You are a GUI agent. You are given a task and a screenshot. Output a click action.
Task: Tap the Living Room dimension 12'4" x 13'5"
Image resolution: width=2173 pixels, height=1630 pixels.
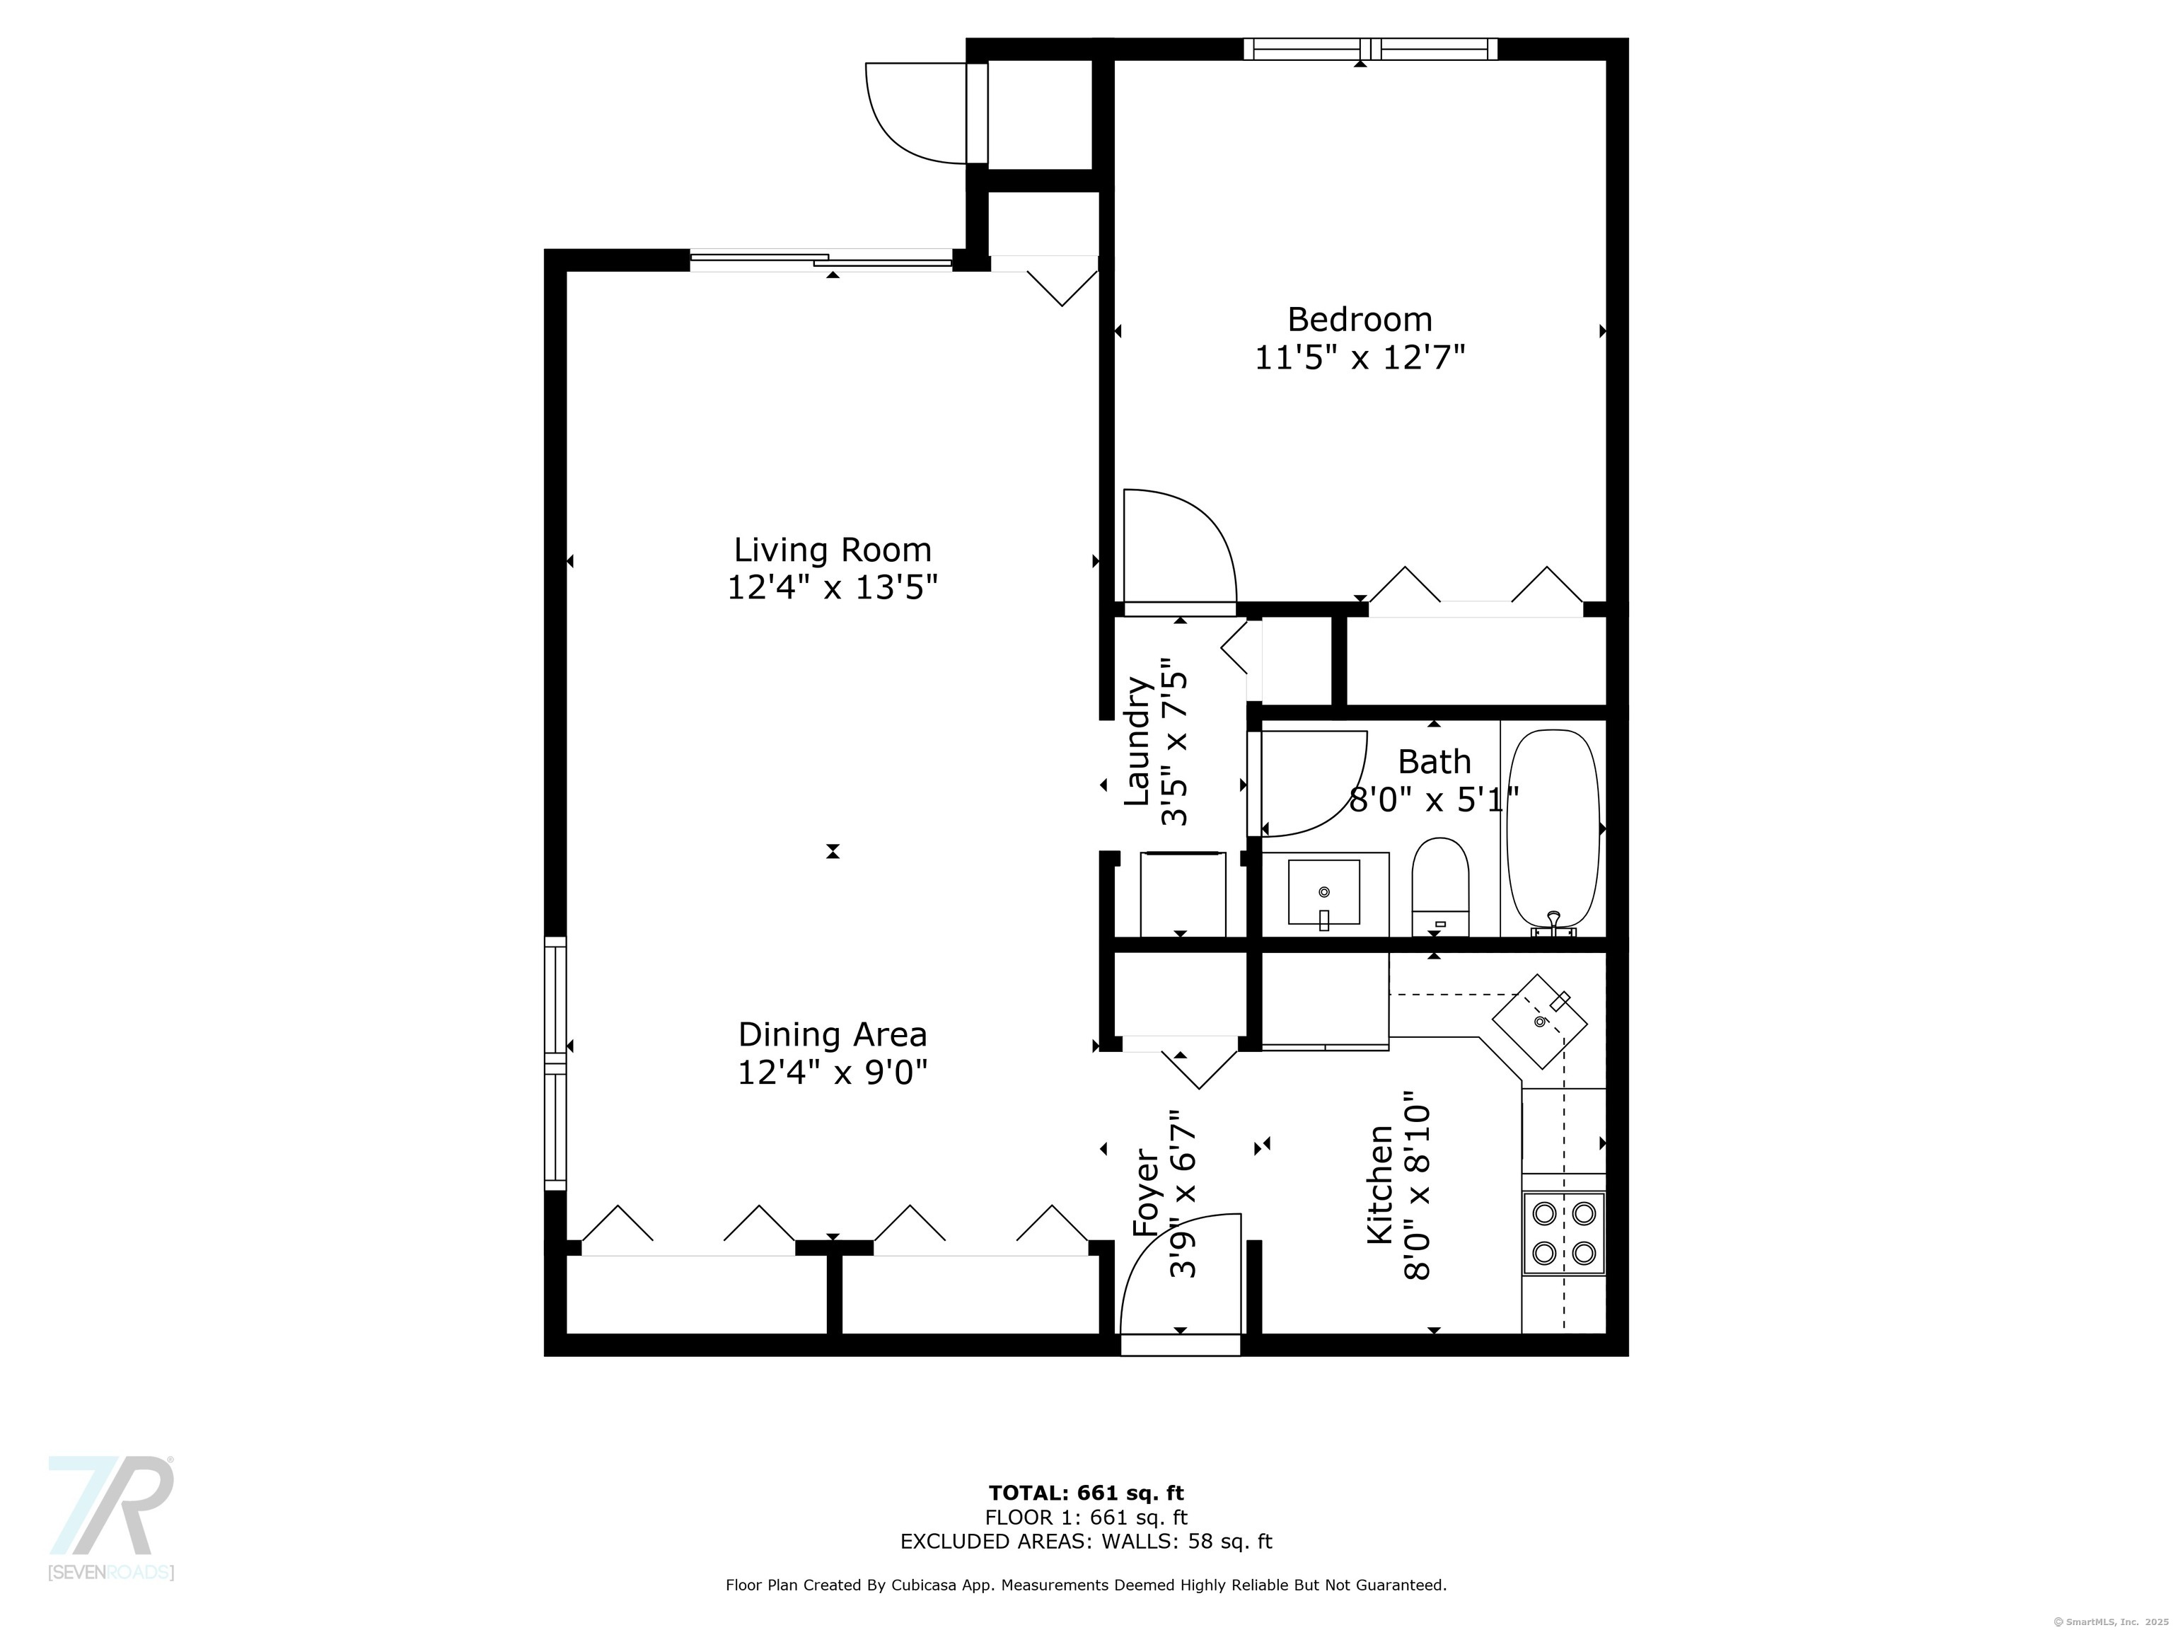tap(832, 587)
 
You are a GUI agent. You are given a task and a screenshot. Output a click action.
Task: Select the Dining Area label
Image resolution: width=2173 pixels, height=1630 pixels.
tap(832, 1034)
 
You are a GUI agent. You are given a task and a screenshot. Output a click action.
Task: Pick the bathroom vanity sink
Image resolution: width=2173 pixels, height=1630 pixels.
tap(1323, 892)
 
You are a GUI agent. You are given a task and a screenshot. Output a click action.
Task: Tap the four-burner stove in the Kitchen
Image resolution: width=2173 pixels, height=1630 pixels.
tap(1563, 1233)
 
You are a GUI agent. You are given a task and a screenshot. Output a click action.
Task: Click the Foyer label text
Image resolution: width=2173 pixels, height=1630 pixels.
tap(1147, 1193)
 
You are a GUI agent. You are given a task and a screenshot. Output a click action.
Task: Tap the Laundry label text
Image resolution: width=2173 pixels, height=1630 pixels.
tap(1137, 742)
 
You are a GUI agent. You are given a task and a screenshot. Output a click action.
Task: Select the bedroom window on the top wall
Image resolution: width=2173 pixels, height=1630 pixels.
tap(1369, 49)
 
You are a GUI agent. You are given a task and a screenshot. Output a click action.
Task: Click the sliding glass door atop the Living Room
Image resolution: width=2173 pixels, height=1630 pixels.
tap(821, 260)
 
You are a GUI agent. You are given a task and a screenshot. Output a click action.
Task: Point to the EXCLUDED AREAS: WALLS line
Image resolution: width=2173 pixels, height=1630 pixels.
tap(1086, 1542)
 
